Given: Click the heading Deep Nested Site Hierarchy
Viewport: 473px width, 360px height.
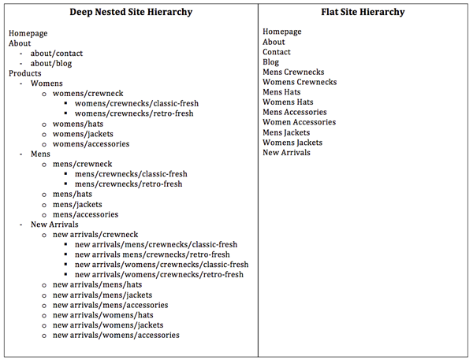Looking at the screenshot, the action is (131, 12).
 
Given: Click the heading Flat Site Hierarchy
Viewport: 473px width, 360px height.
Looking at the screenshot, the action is (363, 12).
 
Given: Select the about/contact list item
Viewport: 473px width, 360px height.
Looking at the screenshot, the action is (57, 54).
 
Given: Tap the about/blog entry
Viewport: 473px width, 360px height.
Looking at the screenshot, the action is (51, 64).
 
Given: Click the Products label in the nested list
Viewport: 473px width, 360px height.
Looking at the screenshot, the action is (24, 73).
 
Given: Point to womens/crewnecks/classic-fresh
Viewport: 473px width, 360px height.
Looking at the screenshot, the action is (136, 103).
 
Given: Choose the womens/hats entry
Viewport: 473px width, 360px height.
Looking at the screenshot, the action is (78, 124).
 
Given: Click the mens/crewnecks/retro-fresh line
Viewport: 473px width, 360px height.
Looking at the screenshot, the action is (128, 184).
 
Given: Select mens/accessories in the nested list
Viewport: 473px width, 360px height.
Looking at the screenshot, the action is (85, 214).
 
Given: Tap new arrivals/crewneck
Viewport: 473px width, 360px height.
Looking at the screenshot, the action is (95, 235).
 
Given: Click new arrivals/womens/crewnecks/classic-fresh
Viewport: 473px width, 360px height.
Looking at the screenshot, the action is (162, 265).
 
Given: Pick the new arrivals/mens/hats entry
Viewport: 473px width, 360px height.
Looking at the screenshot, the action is (97, 284).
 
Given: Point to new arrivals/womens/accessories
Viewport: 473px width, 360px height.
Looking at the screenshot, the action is (116, 335).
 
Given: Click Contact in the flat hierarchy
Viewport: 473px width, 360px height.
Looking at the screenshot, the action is (277, 52).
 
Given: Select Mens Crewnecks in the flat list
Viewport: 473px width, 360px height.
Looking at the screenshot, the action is (293, 72).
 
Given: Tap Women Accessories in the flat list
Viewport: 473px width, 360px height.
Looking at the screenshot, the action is (299, 122).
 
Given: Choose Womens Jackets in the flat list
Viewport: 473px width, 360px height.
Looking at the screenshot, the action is (292, 143).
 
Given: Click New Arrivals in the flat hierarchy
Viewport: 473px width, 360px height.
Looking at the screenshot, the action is (286, 153).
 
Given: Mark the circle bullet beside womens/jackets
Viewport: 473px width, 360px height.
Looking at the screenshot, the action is (44, 135).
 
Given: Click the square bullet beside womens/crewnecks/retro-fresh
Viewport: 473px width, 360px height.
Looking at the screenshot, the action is (65, 113).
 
